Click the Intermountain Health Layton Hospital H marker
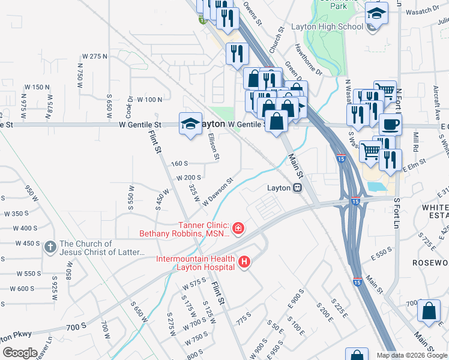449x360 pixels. (x=244, y=262)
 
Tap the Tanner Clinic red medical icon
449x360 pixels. (x=238, y=228)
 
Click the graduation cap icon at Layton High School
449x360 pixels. (x=376, y=14)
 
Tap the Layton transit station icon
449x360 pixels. (x=297, y=188)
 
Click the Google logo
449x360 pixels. (x=20, y=353)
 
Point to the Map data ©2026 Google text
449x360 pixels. (x=412, y=355)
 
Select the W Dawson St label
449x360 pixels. (x=217, y=191)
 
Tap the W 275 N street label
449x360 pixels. (x=93, y=56)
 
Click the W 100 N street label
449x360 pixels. (x=149, y=99)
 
